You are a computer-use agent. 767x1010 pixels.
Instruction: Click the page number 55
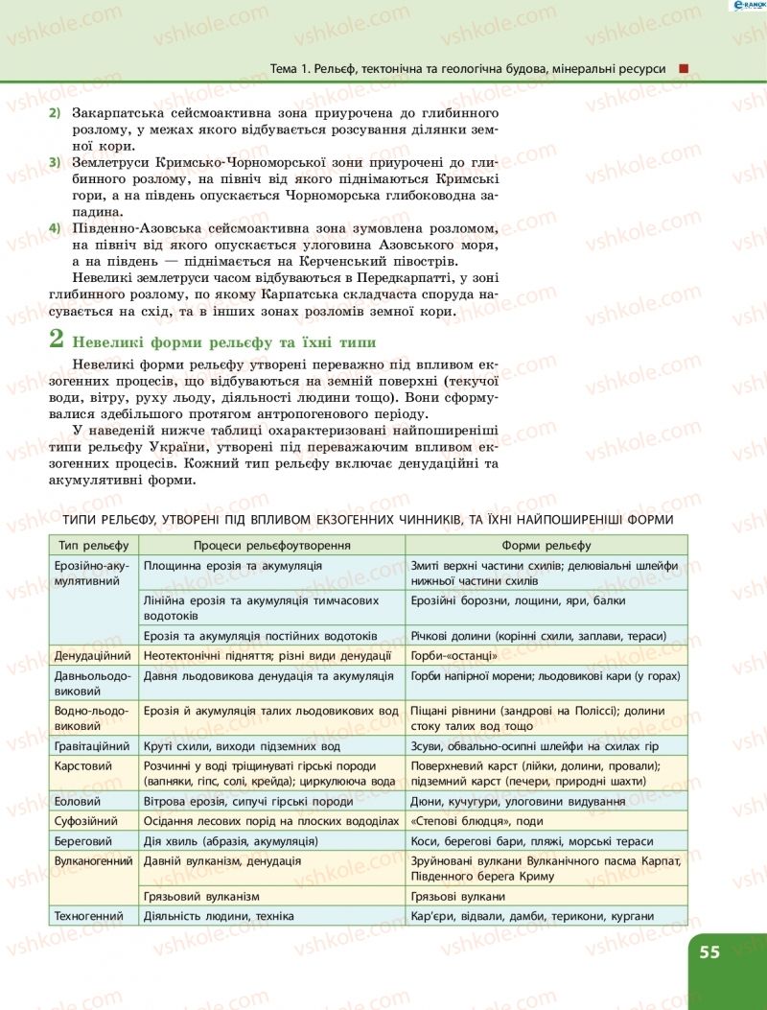(x=709, y=952)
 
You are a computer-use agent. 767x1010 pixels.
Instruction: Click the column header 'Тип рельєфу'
(x=93, y=545)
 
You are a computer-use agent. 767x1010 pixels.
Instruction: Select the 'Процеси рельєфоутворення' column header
(x=271, y=545)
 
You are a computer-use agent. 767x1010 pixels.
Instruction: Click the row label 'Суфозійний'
(x=87, y=821)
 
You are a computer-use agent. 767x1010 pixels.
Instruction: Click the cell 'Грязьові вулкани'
(x=457, y=896)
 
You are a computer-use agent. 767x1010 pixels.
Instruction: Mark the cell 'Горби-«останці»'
(x=453, y=655)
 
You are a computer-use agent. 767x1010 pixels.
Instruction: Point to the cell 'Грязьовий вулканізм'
(x=201, y=896)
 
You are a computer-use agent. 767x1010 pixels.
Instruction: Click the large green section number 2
(x=58, y=340)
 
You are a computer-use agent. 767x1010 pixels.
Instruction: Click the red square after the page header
(x=684, y=68)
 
